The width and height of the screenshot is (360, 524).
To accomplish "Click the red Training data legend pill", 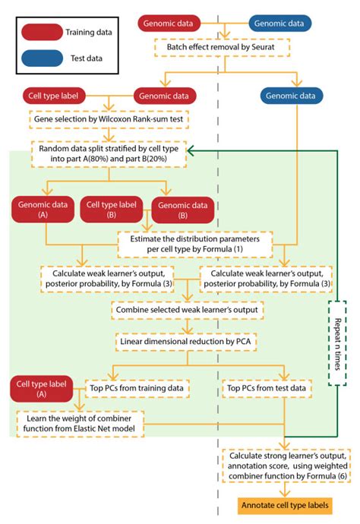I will (41, 32).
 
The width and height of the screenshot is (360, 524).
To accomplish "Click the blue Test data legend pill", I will (41, 57).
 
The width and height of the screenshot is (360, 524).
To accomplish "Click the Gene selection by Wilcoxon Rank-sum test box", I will (108, 119).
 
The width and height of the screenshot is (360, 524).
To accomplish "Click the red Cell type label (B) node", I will (110, 210).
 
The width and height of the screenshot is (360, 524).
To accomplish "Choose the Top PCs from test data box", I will (265, 387).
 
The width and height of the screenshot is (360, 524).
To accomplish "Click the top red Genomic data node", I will (170, 24).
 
